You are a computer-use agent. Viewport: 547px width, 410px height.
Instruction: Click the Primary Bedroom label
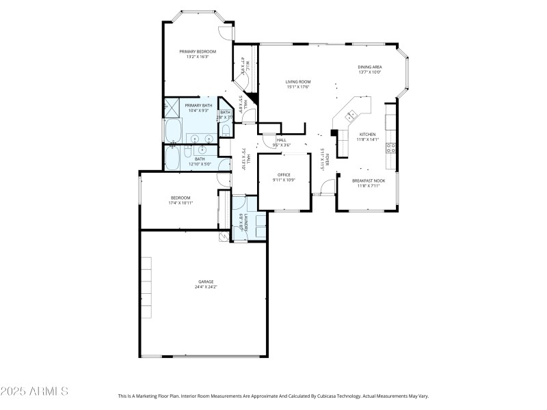pos(198,52)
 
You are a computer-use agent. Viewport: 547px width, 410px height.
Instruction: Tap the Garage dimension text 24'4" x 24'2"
pos(206,286)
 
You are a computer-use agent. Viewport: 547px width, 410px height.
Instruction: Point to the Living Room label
pos(298,82)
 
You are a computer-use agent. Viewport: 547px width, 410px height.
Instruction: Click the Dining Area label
pos(369,67)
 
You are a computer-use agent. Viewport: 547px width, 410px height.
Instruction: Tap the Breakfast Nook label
pos(369,180)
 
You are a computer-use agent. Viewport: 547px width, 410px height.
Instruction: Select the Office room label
pos(284,175)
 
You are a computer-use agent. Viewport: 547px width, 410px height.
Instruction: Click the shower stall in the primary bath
pos(172,107)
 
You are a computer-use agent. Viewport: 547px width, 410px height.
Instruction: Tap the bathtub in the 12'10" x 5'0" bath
pos(172,159)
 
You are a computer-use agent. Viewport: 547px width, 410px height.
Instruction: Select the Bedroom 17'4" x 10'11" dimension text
pos(181,203)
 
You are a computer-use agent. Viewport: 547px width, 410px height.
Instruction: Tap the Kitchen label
pos(368,135)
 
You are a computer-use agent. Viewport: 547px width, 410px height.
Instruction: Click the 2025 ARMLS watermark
pos(34,392)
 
